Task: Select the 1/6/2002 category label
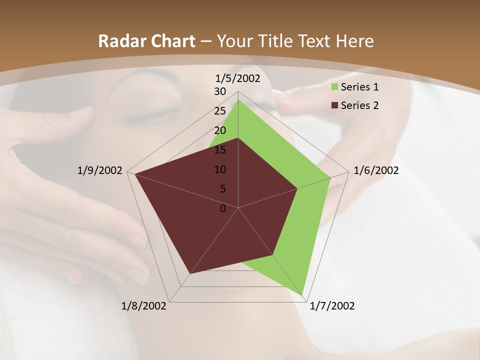pos(376,170)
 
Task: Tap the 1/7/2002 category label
pos(332,306)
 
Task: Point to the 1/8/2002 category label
pos(144,306)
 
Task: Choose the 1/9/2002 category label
pos(100,170)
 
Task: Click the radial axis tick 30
pos(220,91)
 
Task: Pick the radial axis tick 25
pos(220,111)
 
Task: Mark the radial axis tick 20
pos(220,130)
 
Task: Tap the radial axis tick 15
pos(220,150)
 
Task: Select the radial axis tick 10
pos(220,169)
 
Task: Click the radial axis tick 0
pos(223,208)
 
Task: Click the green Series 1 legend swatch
pos(334,87)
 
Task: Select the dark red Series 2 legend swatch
pos(334,105)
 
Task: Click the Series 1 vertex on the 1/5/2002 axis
pos(238,100)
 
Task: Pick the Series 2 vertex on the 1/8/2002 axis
pos(190,273)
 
